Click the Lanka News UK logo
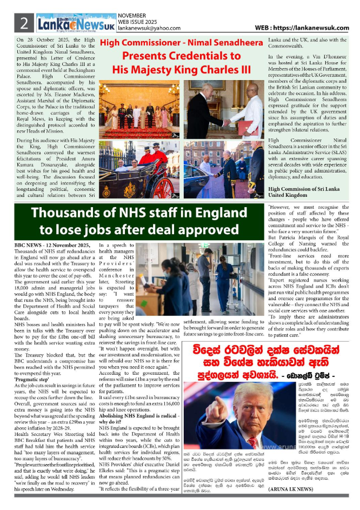point(76,23)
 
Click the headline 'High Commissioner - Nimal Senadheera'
point(184,44)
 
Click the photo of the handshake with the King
point(224,108)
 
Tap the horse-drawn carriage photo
point(139,169)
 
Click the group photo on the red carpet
point(140,109)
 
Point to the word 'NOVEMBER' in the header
point(132,16)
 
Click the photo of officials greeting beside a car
point(224,169)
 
